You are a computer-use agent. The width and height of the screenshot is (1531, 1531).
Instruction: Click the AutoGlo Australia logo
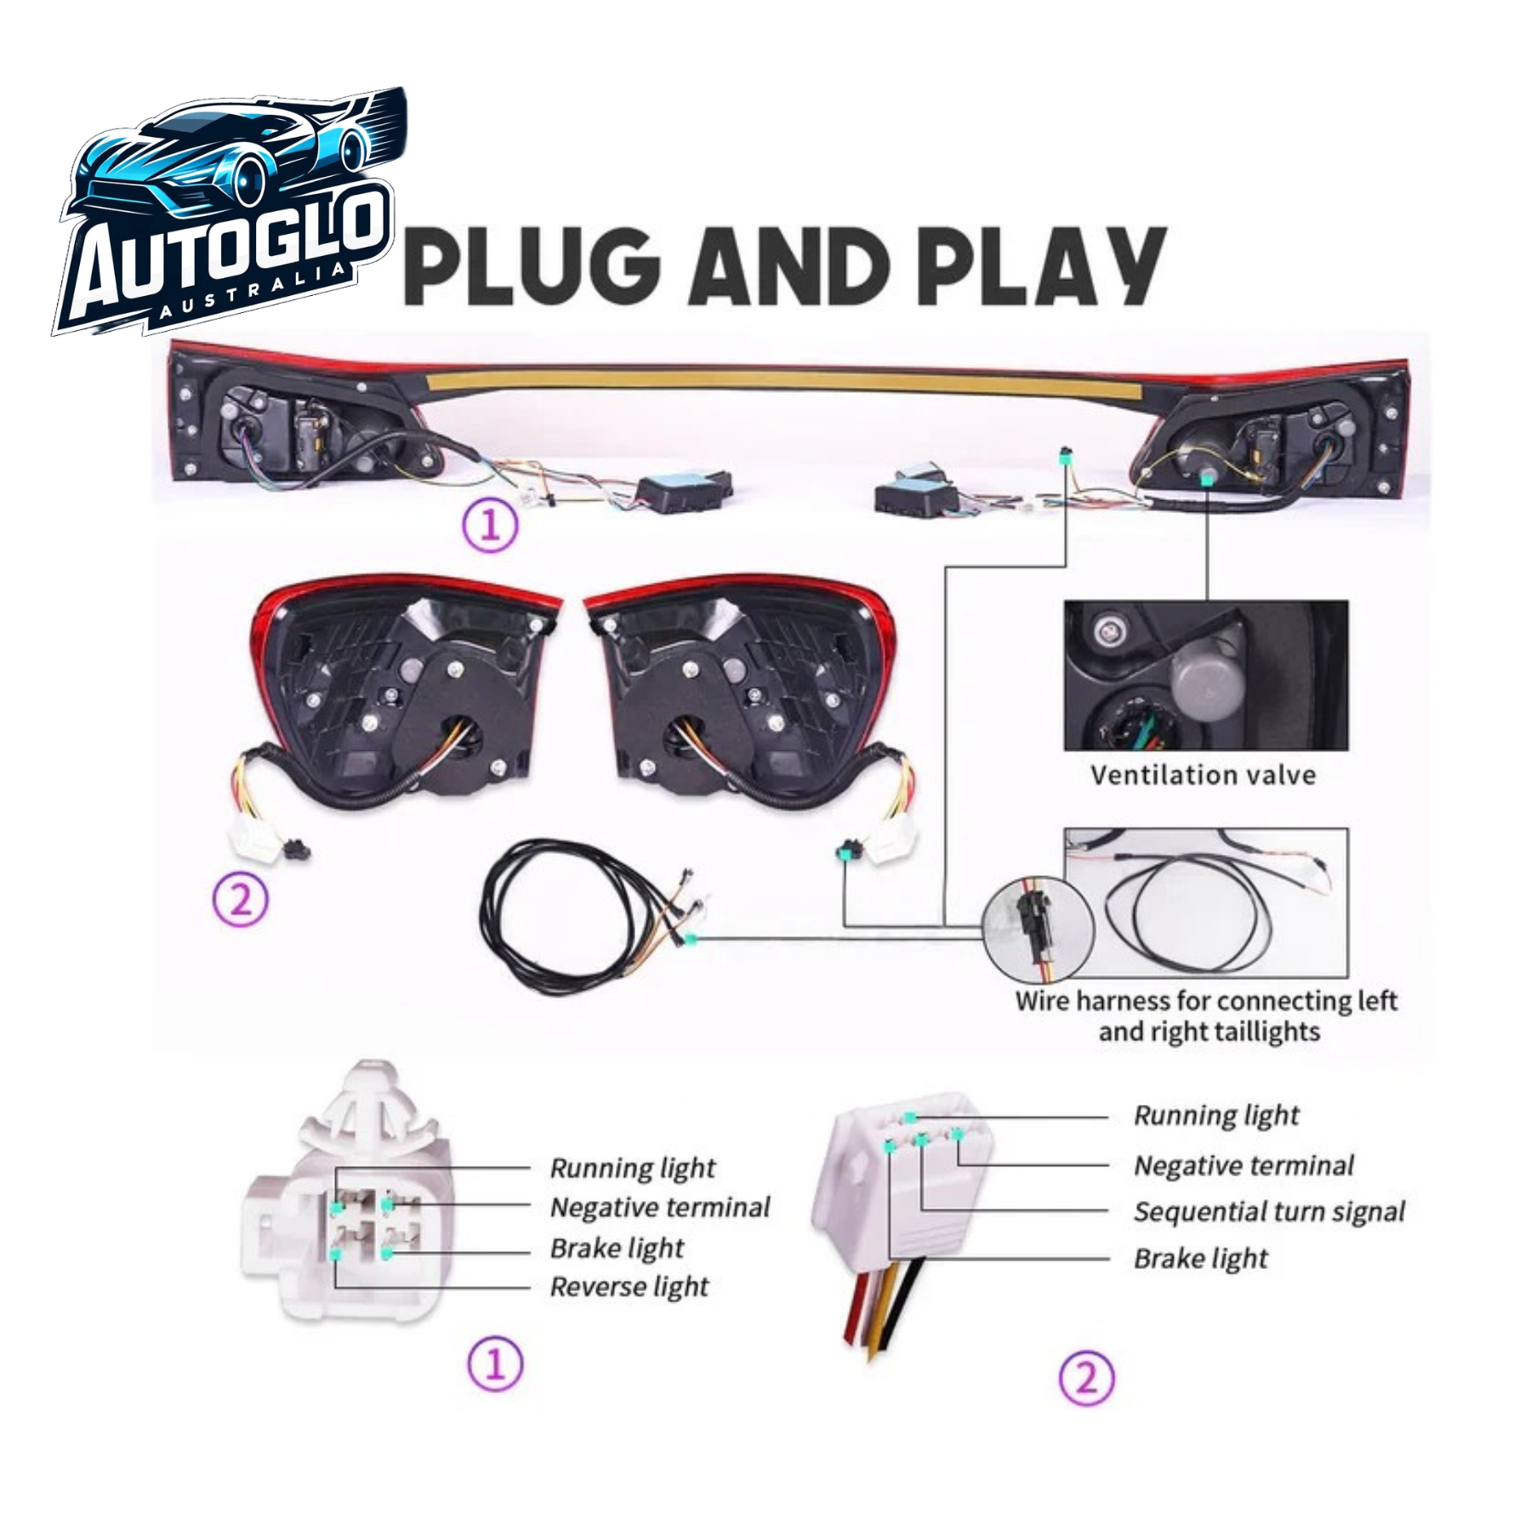point(230,211)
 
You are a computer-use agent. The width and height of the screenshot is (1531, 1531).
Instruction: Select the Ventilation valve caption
point(1203,775)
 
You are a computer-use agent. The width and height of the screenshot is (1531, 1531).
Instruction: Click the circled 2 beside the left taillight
point(241,900)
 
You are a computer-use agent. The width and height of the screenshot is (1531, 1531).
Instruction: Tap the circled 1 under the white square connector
point(495,1365)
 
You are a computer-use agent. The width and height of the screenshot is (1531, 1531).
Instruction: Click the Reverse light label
point(629,1287)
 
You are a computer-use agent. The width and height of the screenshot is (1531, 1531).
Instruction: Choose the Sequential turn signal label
point(1269,1212)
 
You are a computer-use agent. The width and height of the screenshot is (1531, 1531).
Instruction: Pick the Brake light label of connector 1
point(617,1248)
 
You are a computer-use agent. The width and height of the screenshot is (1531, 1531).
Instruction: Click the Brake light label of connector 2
point(1200,1258)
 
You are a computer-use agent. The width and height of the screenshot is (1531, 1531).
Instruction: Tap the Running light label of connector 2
point(1216,1115)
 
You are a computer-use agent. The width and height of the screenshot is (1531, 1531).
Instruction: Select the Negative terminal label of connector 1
point(659,1207)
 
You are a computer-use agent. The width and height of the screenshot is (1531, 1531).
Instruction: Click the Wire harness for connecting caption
point(1208,1016)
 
